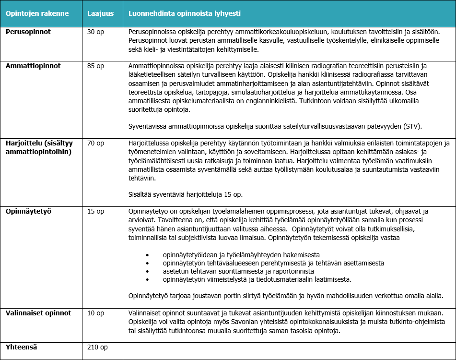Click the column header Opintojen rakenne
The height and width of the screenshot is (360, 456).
(x=37, y=13)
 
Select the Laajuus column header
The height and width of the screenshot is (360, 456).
(x=100, y=13)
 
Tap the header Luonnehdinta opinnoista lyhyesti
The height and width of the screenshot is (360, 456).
(x=185, y=13)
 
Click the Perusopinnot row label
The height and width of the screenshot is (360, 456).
(x=28, y=32)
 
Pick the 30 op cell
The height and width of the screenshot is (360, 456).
(x=95, y=32)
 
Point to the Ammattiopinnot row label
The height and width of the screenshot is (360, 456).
(x=33, y=66)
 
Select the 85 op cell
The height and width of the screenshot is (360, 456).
(x=95, y=66)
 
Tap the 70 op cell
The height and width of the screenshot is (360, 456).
(x=95, y=143)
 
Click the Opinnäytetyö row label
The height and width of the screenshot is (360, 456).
(x=28, y=211)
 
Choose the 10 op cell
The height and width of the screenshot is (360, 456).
(x=95, y=313)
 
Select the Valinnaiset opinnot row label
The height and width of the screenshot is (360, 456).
(x=38, y=313)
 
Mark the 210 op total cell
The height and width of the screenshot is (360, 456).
(x=97, y=346)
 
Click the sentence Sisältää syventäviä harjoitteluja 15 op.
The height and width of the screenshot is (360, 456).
(x=187, y=195)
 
